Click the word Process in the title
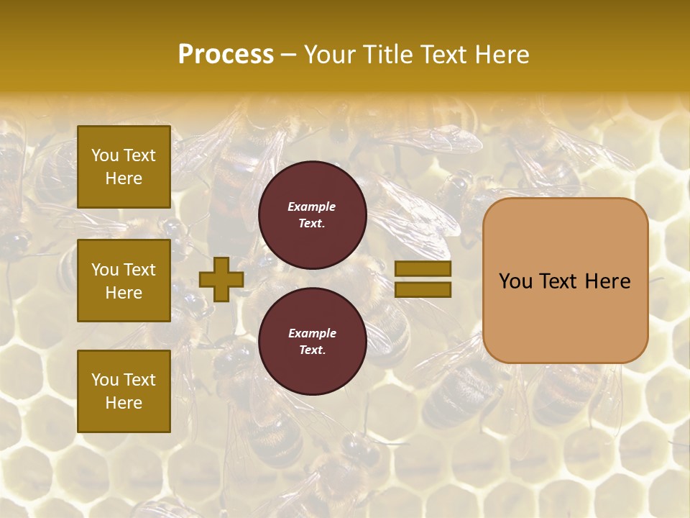pyautogui.click(x=226, y=55)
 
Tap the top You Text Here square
pyautogui.click(x=124, y=167)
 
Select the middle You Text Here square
pyautogui.click(x=124, y=281)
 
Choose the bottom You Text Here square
pyautogui.click(x=124, y=391)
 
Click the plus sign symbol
pyautogui.click(x=221, y=279)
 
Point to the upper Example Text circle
pyautogui.click(x=312, y=215)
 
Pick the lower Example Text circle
pyautogui.click(x=312, y=342)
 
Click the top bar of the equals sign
pyautogui.click(x=423, y=269)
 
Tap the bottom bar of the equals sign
pyautogui.click(x=423, y=290)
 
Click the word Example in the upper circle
pyautogui.click(x=312, y=206)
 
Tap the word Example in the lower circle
pyautogui.click(x=312, y=333)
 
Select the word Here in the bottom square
pyautogui.click(x=124, y=403)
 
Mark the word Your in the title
pyautogui.click(x=328, y=55)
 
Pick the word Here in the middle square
pyautogui.click(x=124, y=293)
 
